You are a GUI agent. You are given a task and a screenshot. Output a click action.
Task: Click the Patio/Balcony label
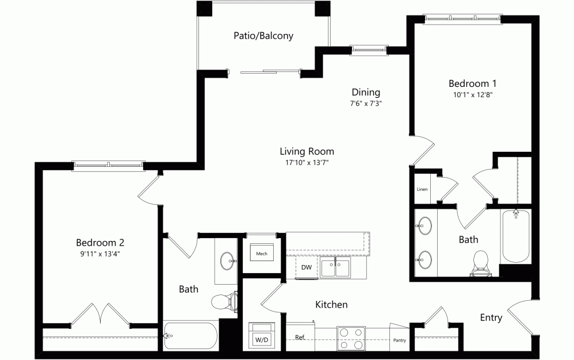263,36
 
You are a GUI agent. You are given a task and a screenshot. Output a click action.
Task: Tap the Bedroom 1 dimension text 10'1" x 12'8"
473,95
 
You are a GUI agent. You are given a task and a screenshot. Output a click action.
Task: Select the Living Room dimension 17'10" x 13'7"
307,162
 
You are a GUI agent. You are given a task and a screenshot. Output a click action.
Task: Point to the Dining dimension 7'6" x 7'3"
366,103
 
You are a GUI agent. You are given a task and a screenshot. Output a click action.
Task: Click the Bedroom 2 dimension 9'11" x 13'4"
100,254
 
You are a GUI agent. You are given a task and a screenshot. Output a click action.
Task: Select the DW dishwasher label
307,267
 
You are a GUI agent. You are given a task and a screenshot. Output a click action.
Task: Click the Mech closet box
261,252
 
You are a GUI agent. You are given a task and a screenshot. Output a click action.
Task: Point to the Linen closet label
422,189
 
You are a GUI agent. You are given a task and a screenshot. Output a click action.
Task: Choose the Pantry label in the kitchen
399,340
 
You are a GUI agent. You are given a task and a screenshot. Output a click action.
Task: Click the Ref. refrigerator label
300,338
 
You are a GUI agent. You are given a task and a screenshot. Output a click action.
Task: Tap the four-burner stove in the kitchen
351,338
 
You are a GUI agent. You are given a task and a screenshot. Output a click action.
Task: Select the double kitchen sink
335,267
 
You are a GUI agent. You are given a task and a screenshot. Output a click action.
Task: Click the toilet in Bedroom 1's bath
480,263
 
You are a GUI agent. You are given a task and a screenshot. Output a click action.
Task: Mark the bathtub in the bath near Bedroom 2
190,335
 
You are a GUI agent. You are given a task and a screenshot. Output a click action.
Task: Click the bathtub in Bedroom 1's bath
516,236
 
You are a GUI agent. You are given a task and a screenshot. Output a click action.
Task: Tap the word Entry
491,318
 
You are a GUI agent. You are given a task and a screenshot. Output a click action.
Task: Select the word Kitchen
331,304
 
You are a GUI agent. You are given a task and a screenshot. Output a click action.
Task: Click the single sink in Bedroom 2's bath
228,261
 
